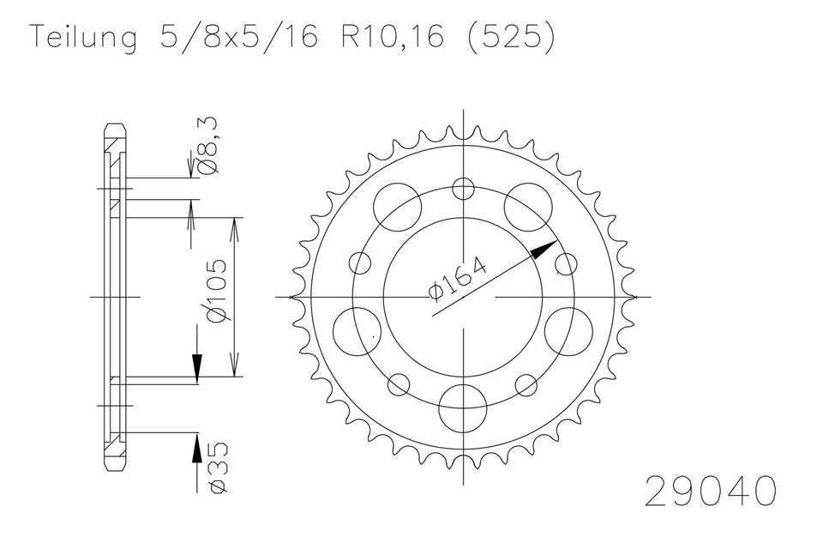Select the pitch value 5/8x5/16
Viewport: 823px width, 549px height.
tap(239, 37)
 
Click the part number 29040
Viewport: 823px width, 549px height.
tap(710, 491)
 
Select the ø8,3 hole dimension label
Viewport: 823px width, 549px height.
tap(207, 146)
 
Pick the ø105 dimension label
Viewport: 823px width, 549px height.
tap(216, 291)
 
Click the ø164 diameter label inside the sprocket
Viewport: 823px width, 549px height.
tap(458, 280)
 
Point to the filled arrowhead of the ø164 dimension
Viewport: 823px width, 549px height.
tap(544, 250)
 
